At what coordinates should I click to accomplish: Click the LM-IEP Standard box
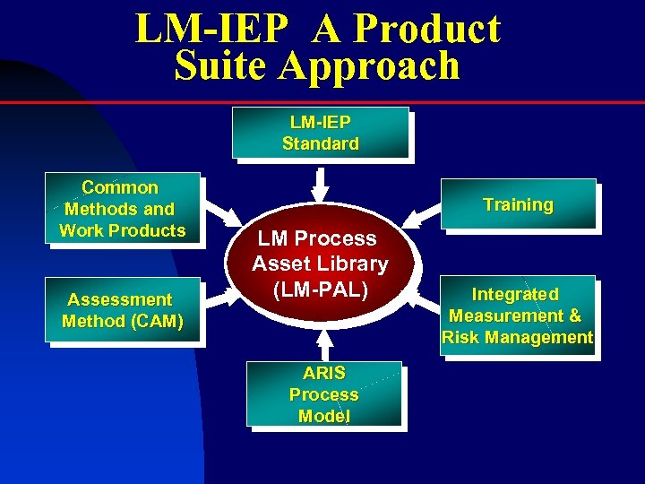(320, 133)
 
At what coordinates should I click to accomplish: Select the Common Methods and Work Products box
(122, 209)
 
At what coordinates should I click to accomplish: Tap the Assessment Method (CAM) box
(122, 310)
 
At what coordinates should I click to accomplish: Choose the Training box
(518, 204)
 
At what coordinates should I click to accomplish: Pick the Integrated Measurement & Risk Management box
(518, 315)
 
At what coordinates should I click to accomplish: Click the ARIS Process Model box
(323, 394)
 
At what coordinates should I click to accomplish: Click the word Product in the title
(427, 29)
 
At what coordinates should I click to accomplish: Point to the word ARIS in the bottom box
(323, 373)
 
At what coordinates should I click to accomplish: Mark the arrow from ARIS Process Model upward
(323, 345)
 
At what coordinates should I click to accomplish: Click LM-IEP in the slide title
(212, 29)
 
